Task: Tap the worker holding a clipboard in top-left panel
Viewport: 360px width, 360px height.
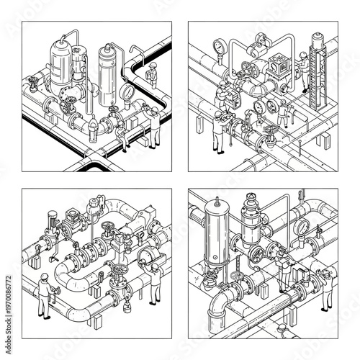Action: click(154, 122)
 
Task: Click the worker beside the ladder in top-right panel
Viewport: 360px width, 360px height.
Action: click(303, 68)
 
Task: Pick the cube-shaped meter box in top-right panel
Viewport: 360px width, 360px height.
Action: click(279, 67)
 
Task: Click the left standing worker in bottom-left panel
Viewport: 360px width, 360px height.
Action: click(45, 295)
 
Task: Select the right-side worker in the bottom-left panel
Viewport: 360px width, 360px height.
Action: click(153, 284)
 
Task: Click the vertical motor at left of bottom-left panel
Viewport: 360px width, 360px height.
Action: click(51, 223)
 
